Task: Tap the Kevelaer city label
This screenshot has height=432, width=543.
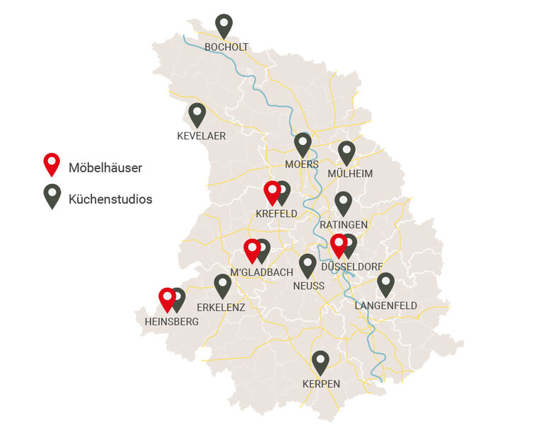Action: click(x=202, y=136)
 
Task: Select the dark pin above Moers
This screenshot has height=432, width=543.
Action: click(x=303, y=144)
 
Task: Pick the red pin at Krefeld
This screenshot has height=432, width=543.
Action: click(x=271, y=192)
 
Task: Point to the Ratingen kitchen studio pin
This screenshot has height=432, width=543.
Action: click(x=343, y=202)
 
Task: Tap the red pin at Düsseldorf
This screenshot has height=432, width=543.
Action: click(x=339, y=245)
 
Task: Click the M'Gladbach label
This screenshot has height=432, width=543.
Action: click(x=262, y=272)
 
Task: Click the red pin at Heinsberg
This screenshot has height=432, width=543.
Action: click(x=167, y=298)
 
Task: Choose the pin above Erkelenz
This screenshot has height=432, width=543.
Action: click(x=223, y=285)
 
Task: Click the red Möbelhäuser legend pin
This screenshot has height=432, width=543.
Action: click(x=52, y=163)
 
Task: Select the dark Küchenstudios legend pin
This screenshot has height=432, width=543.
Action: click(x=52, y=194)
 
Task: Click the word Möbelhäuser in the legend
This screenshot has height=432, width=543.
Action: click(x=105, y=168)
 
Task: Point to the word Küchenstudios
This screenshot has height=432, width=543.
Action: click(x=110, y=199)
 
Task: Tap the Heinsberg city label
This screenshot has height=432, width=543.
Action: click(x=172, y=321)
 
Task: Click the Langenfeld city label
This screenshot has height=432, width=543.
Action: click(x=386, y=305)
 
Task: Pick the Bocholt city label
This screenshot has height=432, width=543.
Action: click(x=226, y=47)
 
